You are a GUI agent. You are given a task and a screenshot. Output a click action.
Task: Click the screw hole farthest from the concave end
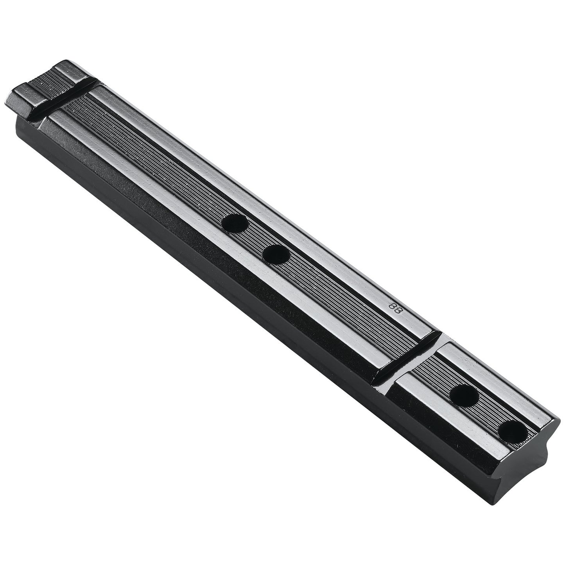click(x=234, y=223)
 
